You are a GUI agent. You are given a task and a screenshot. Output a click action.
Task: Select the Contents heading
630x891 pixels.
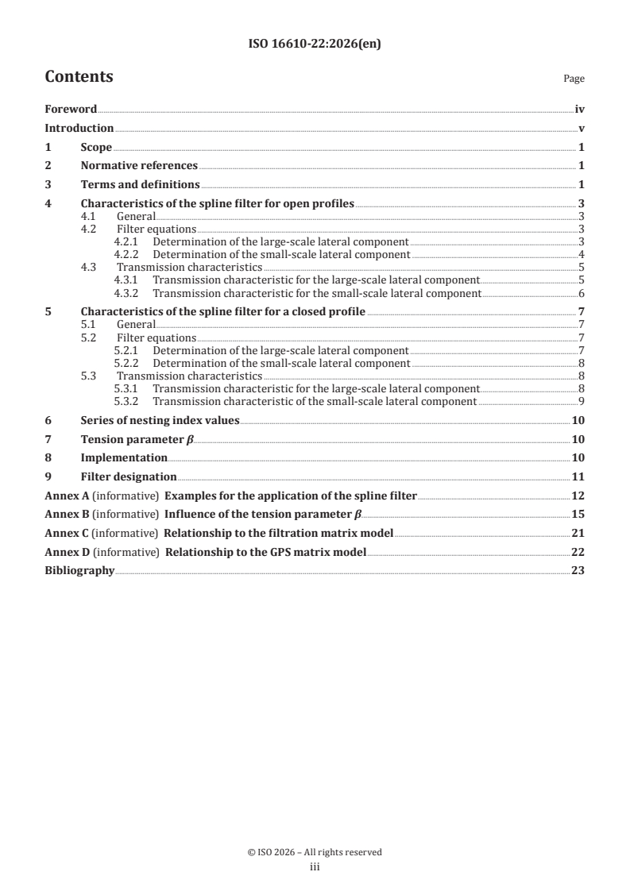79,77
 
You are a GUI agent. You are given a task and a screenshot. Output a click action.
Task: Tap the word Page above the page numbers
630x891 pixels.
574,79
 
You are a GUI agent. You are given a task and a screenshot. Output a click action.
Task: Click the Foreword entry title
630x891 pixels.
71,110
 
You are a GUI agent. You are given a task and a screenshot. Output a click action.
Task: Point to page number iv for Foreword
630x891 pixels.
580,110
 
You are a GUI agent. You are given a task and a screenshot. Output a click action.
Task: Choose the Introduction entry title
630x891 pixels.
79,129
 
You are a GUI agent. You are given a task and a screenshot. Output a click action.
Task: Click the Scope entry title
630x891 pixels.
96,147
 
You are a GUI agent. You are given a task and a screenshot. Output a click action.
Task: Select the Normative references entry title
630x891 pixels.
139,166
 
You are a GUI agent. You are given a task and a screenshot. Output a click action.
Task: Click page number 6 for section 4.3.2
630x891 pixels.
582,293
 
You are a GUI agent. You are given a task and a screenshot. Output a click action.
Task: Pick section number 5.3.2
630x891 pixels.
127,402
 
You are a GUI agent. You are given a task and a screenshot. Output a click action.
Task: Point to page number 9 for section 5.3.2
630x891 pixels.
582,402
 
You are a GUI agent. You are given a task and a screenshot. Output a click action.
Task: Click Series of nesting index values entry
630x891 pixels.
160,420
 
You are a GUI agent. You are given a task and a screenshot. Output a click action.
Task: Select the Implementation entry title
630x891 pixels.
124,458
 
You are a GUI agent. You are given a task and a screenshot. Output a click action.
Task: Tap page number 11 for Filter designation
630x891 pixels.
578,477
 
